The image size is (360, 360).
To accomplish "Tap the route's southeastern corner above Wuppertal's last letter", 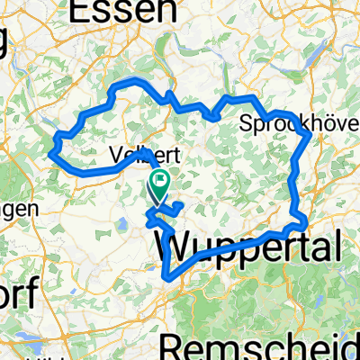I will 307,220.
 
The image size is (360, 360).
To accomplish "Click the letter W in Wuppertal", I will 174,244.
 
